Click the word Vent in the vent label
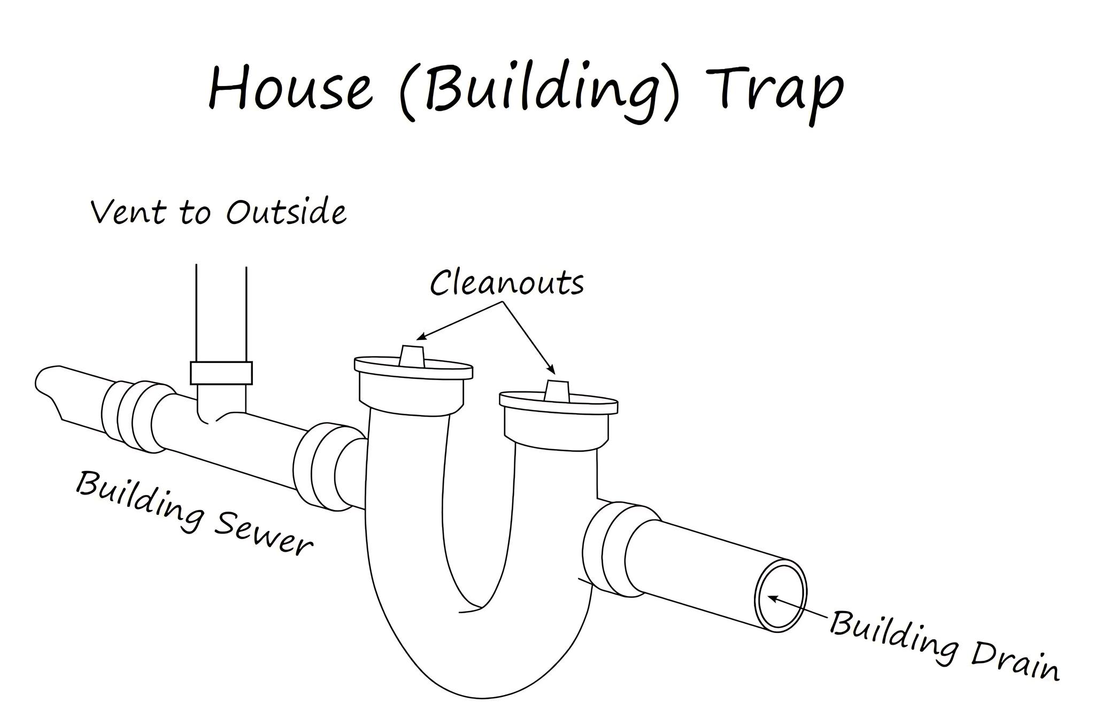tap(128, 212)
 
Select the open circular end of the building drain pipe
tap(780, 596)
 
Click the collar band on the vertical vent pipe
tap(221, 373)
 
